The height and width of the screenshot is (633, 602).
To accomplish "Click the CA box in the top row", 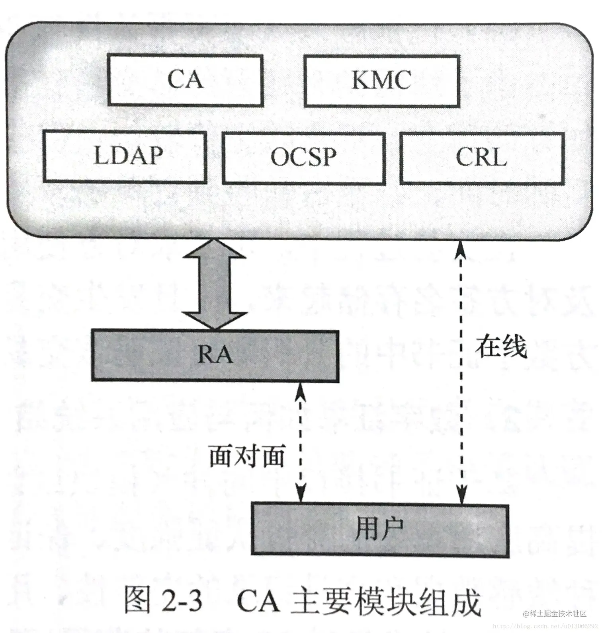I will pos(185,80).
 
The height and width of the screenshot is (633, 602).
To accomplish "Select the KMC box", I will pos(381,81).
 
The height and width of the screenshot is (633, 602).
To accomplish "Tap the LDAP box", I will pos(125,156).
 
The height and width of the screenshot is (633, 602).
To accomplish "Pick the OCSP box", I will pos(303,158).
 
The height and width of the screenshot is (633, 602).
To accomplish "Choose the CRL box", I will pos(482,158).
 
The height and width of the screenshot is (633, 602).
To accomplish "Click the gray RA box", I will pos(215,355).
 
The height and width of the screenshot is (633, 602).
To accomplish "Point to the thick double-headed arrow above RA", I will pos(214,284).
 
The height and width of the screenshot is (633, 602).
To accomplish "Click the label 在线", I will pos(501,346).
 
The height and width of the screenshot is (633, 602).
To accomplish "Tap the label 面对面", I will pos(247,455).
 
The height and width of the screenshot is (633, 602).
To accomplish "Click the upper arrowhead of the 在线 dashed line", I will pos(461,249).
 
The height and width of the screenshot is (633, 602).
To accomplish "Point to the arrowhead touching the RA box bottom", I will pos(301,390).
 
